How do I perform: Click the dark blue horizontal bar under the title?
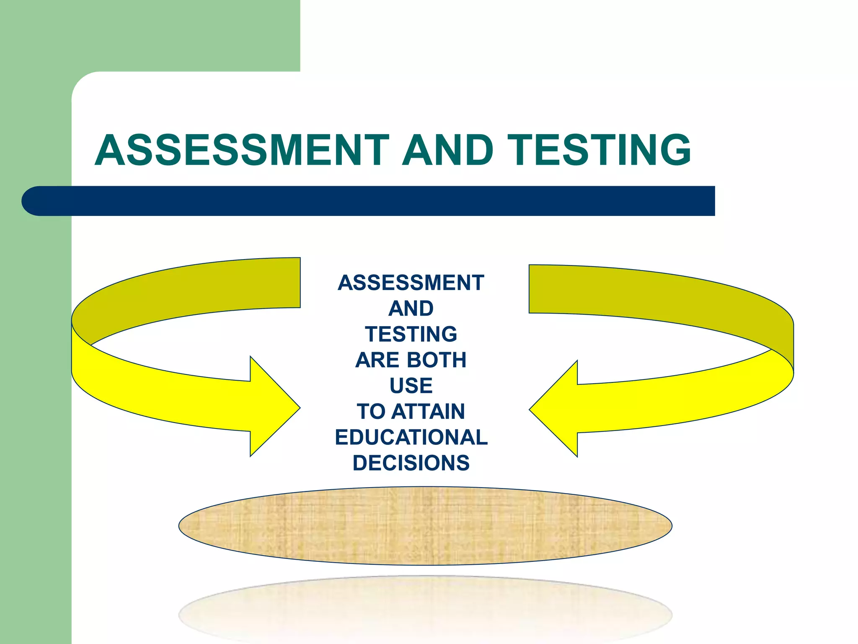click(377, 201)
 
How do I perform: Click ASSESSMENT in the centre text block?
click(411, 283)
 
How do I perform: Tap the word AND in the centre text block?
click(411, 309)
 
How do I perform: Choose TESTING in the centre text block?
click(411, 334)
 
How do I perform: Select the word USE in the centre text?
click(411, 386)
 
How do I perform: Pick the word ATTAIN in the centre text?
click(428, 411)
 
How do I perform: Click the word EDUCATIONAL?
click(411, 437)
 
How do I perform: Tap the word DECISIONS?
click(411, 463)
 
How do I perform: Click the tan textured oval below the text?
click(425, 526)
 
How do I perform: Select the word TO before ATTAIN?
click(371, 411)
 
